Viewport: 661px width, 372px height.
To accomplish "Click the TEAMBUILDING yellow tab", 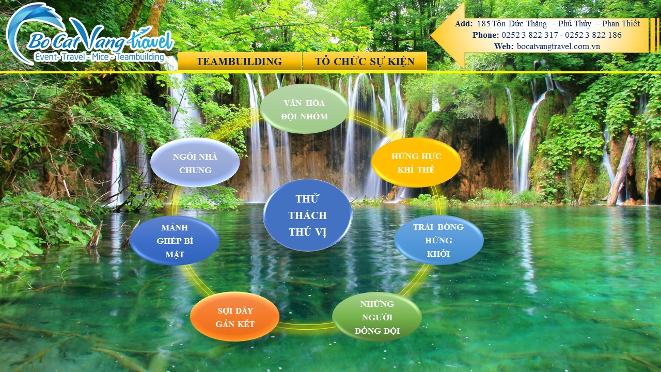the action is (240, 61).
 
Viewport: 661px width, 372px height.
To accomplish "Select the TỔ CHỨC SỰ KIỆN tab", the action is (365, 61).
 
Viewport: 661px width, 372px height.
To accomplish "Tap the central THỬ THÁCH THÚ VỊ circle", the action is (307, 215).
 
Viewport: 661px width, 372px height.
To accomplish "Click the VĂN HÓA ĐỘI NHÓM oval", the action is (304, 109).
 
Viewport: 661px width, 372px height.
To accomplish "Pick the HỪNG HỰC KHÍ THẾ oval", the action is (416, 163).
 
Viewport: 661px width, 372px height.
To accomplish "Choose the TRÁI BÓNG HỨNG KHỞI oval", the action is (439, 240).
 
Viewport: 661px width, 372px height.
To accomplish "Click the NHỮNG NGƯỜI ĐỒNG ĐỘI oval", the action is (377, 317).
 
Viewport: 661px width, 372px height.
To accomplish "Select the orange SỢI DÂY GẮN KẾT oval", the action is (235, 317).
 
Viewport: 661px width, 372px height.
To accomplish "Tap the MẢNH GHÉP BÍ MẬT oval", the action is (175, 241).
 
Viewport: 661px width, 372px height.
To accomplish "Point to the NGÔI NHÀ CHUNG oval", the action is (195, 163).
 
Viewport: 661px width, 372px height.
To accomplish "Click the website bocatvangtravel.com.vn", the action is (558, 47).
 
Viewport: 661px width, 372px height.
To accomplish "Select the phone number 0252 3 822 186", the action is (593, 35).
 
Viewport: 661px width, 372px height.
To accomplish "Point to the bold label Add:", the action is (464, 24).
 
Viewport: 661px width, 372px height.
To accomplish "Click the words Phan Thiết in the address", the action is (621, 24).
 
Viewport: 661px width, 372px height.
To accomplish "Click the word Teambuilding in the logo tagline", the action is (140, 57).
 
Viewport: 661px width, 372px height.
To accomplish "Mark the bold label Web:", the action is (503, 47).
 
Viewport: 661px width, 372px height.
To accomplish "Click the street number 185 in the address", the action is (483, 24).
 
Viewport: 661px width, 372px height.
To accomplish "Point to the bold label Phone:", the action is (486, 35).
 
